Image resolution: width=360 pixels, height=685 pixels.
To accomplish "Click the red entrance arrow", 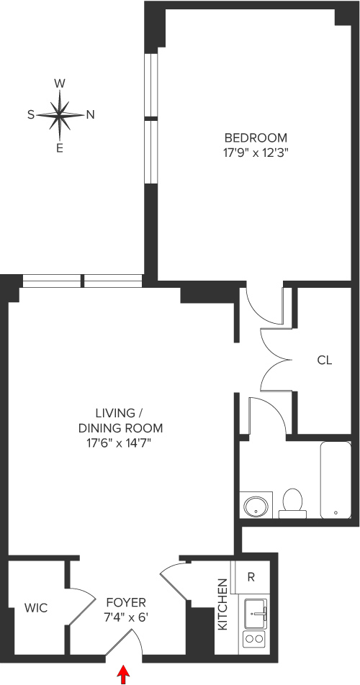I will point(124,674).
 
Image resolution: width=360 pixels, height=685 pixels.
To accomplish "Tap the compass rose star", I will point(60,115).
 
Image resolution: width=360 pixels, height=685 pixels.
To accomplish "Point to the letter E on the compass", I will point(60,148).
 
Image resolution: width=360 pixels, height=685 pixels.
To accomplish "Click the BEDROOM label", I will point(256,137).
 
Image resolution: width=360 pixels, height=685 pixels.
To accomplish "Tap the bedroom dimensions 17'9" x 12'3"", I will point(256,152).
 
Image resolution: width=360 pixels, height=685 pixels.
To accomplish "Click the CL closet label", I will point(325,360).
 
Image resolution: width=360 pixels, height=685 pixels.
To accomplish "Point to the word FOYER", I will point(126,602).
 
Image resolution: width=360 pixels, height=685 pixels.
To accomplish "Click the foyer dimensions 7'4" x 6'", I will point(126,617).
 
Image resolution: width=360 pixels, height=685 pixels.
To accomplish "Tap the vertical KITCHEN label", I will point(223,604).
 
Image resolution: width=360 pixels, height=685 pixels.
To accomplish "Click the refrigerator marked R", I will point(251,576).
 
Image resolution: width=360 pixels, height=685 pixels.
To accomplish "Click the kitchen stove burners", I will point(254,638).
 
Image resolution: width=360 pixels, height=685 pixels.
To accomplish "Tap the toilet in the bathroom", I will point(292,502).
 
